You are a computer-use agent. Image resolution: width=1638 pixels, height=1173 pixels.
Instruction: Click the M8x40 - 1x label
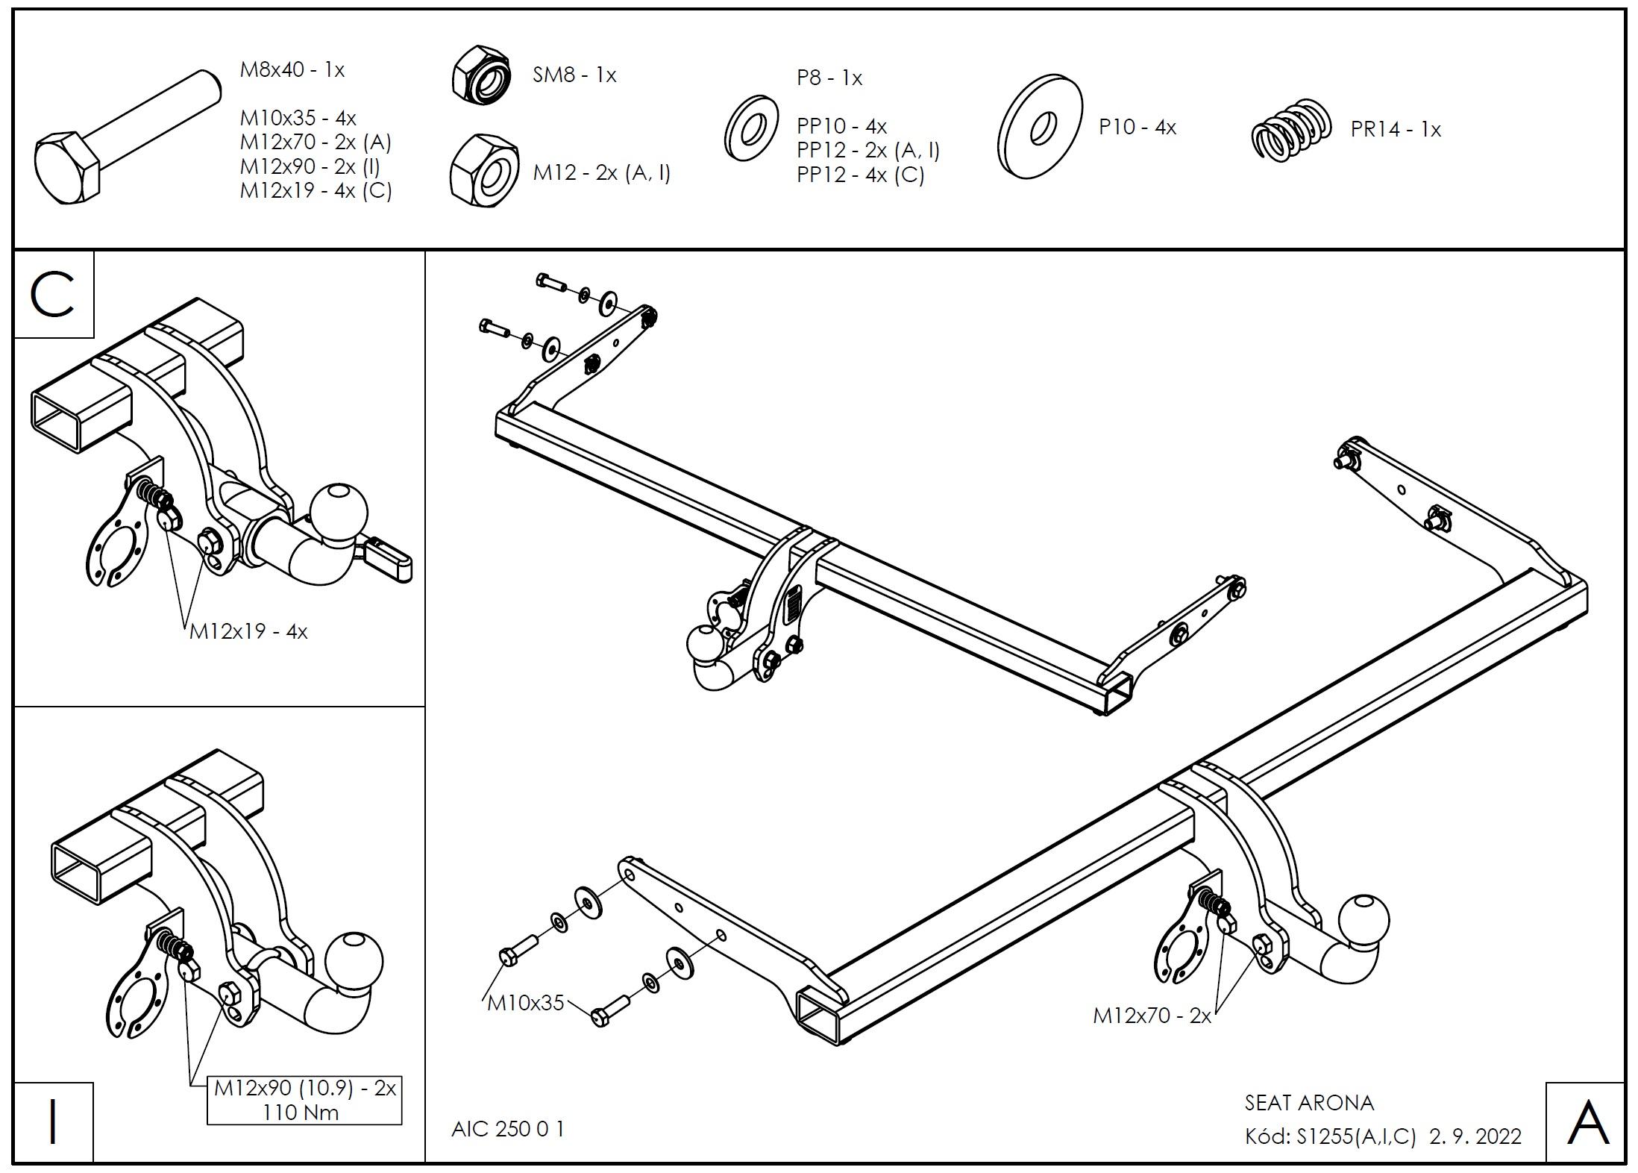coord(292,70)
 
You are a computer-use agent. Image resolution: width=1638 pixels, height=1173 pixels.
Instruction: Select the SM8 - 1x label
coord(574,75)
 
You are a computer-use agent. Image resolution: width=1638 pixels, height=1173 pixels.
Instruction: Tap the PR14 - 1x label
coord(1395,130)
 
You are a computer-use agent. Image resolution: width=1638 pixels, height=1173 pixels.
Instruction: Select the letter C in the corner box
coord(52,295)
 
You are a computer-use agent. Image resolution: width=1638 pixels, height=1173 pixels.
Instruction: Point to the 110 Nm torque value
coord(301,1113)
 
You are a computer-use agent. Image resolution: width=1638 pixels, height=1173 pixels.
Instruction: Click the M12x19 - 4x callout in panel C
coord(248,632)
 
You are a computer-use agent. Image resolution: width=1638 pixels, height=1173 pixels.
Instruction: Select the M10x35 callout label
coord(525,1003)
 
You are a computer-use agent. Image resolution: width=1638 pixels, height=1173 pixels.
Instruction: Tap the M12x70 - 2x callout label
coord(1152,1016)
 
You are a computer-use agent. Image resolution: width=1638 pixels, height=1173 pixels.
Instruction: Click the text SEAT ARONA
coord(1309,1103)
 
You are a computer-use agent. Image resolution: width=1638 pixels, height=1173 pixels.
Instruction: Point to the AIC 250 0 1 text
coord(508,1129)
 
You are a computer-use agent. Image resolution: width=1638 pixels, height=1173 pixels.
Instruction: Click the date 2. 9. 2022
coord(1475,1136)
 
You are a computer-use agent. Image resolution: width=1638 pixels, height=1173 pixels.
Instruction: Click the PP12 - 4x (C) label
coord(860,175)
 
